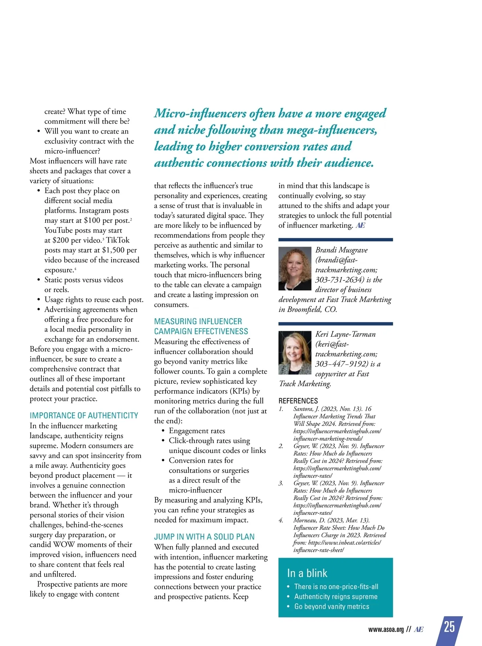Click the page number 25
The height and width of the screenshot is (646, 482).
tap(449, 627)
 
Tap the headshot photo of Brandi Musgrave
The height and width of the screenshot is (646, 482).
tap(294, 268)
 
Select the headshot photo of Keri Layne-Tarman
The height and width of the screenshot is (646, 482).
tap(294, 353)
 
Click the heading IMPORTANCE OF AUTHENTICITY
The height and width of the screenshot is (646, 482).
tap(84, 416)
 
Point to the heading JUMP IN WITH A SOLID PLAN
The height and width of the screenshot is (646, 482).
tap(204, 537)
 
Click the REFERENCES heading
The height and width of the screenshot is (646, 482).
tap(298, 401)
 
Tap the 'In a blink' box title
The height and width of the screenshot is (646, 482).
tap(307, 573)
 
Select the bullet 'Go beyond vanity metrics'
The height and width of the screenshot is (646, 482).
tap(331, 606)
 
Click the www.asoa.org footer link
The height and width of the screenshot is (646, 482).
tap(386, 630)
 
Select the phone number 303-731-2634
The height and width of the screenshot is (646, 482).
tap(340, 280)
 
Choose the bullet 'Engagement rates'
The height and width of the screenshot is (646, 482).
tap(197, 431)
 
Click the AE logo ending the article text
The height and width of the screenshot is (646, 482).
tap(360, 225)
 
